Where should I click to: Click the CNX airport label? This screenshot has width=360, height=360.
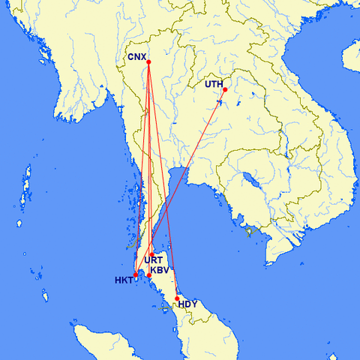click(136, 56)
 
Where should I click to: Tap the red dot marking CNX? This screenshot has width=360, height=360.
click(149, 61)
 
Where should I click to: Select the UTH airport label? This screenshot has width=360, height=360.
click(214, 84)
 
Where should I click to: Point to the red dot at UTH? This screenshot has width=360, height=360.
click(225, 90)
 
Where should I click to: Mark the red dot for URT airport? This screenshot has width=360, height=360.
click(151, 253)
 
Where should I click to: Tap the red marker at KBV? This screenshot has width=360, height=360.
click(149, 275)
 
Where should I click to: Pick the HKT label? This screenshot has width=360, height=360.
click(123, 280)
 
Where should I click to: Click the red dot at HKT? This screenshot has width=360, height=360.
click(136, 275)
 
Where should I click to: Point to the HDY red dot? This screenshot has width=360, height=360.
click(177, 298)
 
